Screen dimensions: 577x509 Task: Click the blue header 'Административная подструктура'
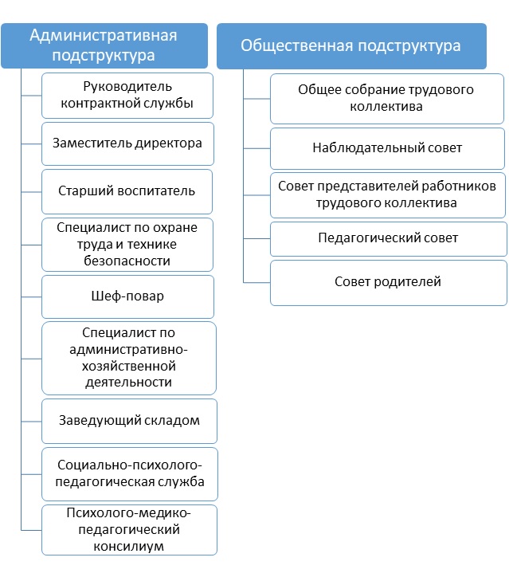coord(104,45)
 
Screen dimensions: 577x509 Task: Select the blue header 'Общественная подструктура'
coord(350,45)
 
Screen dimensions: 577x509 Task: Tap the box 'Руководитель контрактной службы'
coord(127,96)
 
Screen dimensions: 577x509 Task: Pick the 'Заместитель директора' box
coord(127,143)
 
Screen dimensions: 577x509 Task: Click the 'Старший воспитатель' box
coord(127,191)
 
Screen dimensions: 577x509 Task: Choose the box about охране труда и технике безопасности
coord(127,243)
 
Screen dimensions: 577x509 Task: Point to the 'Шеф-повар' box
coord(127,296)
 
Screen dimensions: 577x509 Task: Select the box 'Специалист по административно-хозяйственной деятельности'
coord(127,357)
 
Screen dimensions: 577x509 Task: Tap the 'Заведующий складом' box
coord(127,421)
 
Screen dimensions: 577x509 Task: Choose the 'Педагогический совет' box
coord(388,238)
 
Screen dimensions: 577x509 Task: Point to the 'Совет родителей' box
coord(388,282)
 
